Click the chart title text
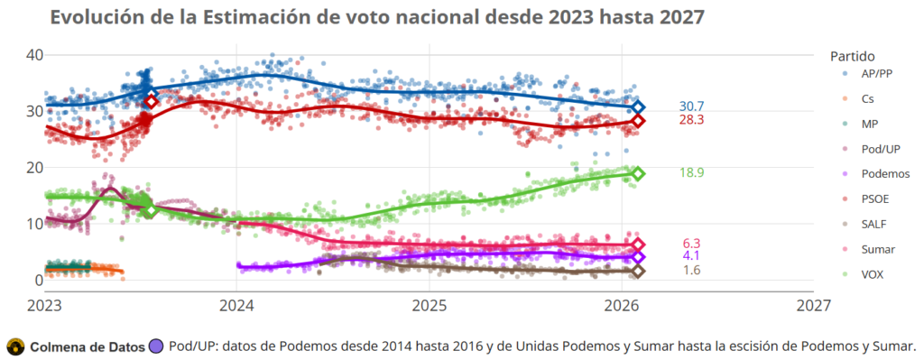tap(377, 17)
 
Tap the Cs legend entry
tap(867, 99)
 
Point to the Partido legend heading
tap(853, 55)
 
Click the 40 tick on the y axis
tap(34, 55)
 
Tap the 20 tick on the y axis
tap(34, 167)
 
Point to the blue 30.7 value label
tap(691, 106)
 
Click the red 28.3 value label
tap(691, 120)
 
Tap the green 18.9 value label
tap(691, 173)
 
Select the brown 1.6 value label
tap(691, 271)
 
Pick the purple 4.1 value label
tap(691, 257)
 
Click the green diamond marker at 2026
tap(637, 173)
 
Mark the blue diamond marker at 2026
tap(637, 106)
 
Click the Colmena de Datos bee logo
tap(15, 346)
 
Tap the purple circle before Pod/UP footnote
tap(157, 346)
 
